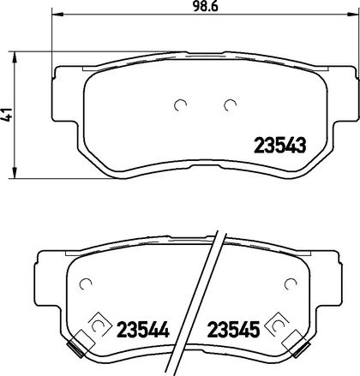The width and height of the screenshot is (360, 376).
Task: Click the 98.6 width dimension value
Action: coord(205,7)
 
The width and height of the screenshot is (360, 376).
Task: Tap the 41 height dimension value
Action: coord(7,115)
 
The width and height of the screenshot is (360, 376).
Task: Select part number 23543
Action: coord(280,146)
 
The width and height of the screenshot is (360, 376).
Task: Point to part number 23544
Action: coord(143,329)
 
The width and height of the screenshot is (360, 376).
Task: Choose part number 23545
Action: coord(233,329)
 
